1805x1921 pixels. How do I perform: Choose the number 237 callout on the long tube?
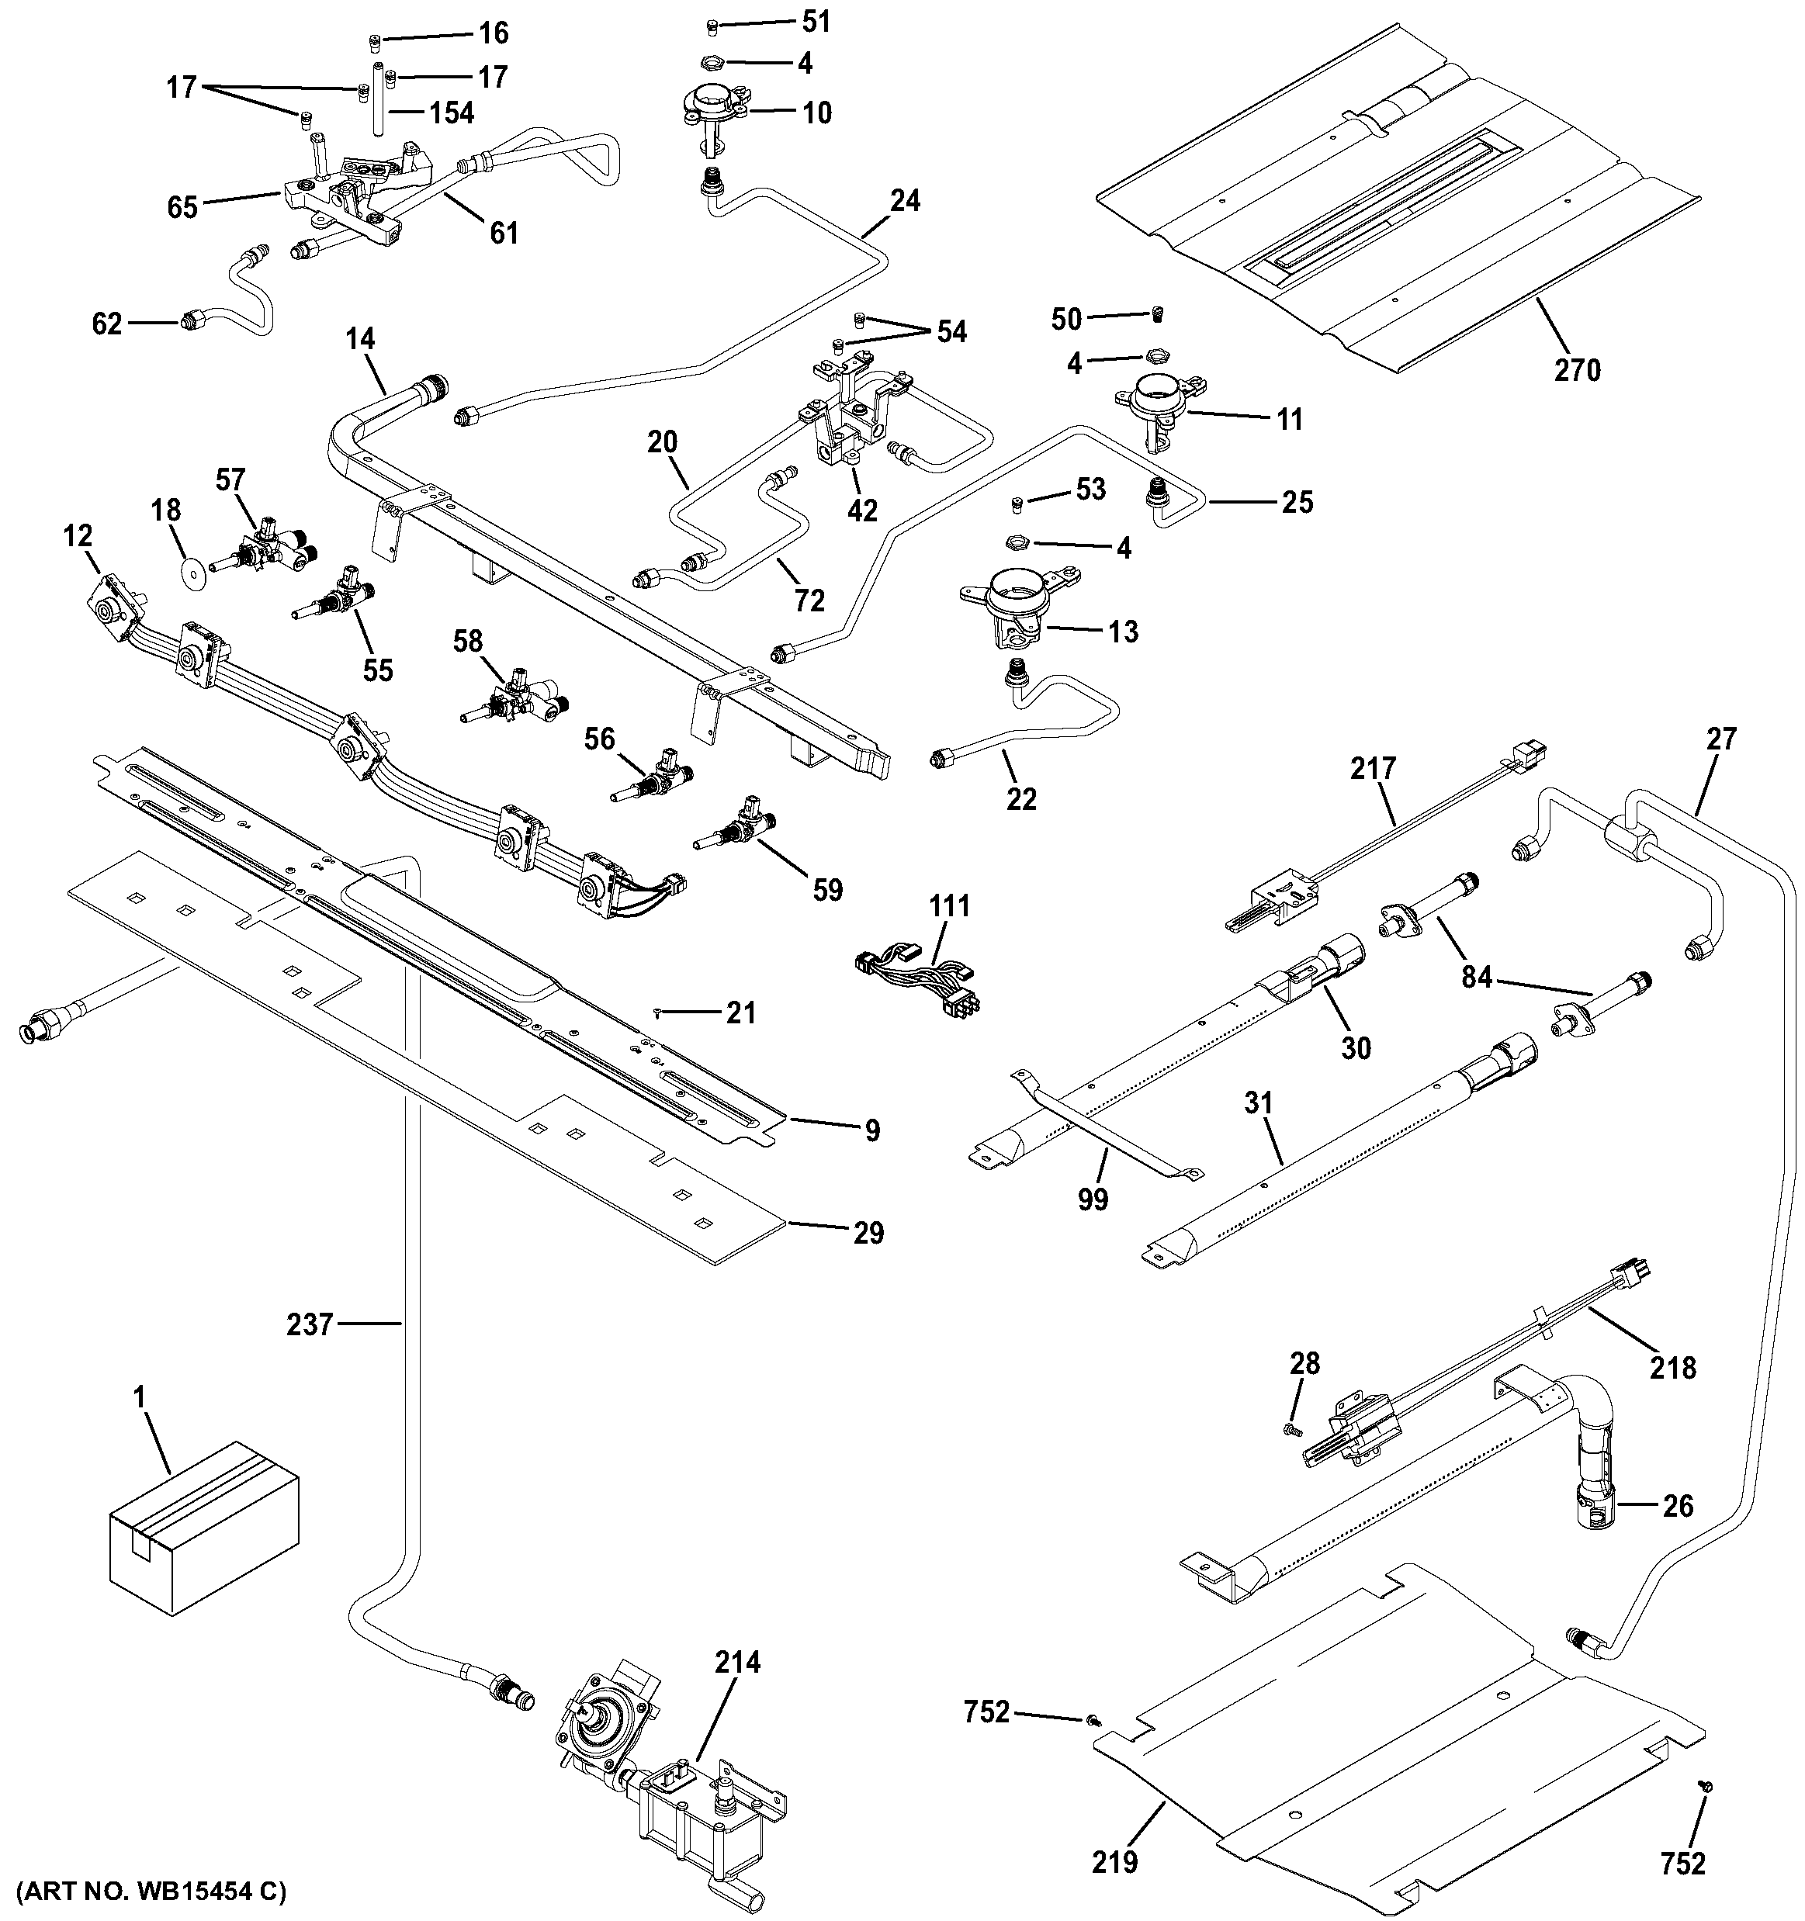[309, 1323]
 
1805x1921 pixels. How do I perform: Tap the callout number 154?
[452, 113]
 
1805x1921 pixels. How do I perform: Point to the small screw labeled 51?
[713, 24]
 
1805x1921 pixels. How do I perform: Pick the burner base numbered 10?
[710, 111]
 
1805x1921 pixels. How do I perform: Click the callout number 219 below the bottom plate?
[1115, 1860]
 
